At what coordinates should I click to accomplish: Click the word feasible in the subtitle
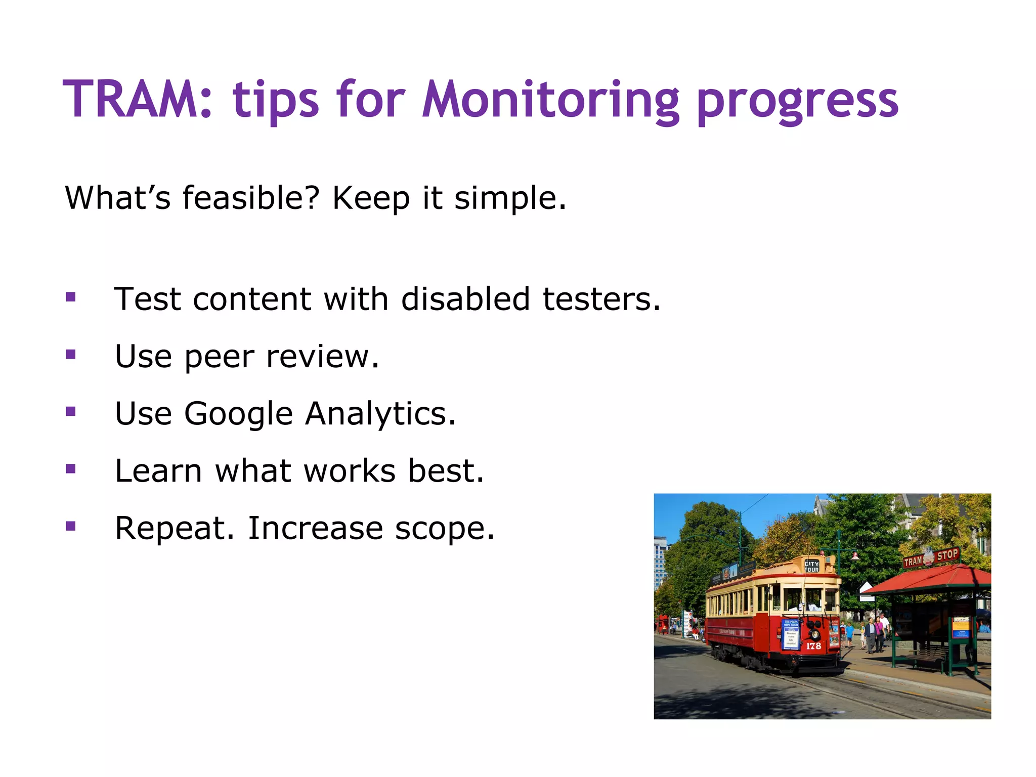point(251,198)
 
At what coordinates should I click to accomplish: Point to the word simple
point(509,198)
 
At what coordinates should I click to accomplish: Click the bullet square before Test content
point(71,297)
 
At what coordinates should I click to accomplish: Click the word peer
point(219,357)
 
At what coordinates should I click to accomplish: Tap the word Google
point(238,414)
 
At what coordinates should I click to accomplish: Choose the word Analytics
point(380,414)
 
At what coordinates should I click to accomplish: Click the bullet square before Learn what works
point(71,469)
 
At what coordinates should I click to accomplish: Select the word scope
point(444,529)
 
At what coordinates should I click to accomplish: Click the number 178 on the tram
point(813,646)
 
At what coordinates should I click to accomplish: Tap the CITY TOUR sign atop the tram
point(811,567)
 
